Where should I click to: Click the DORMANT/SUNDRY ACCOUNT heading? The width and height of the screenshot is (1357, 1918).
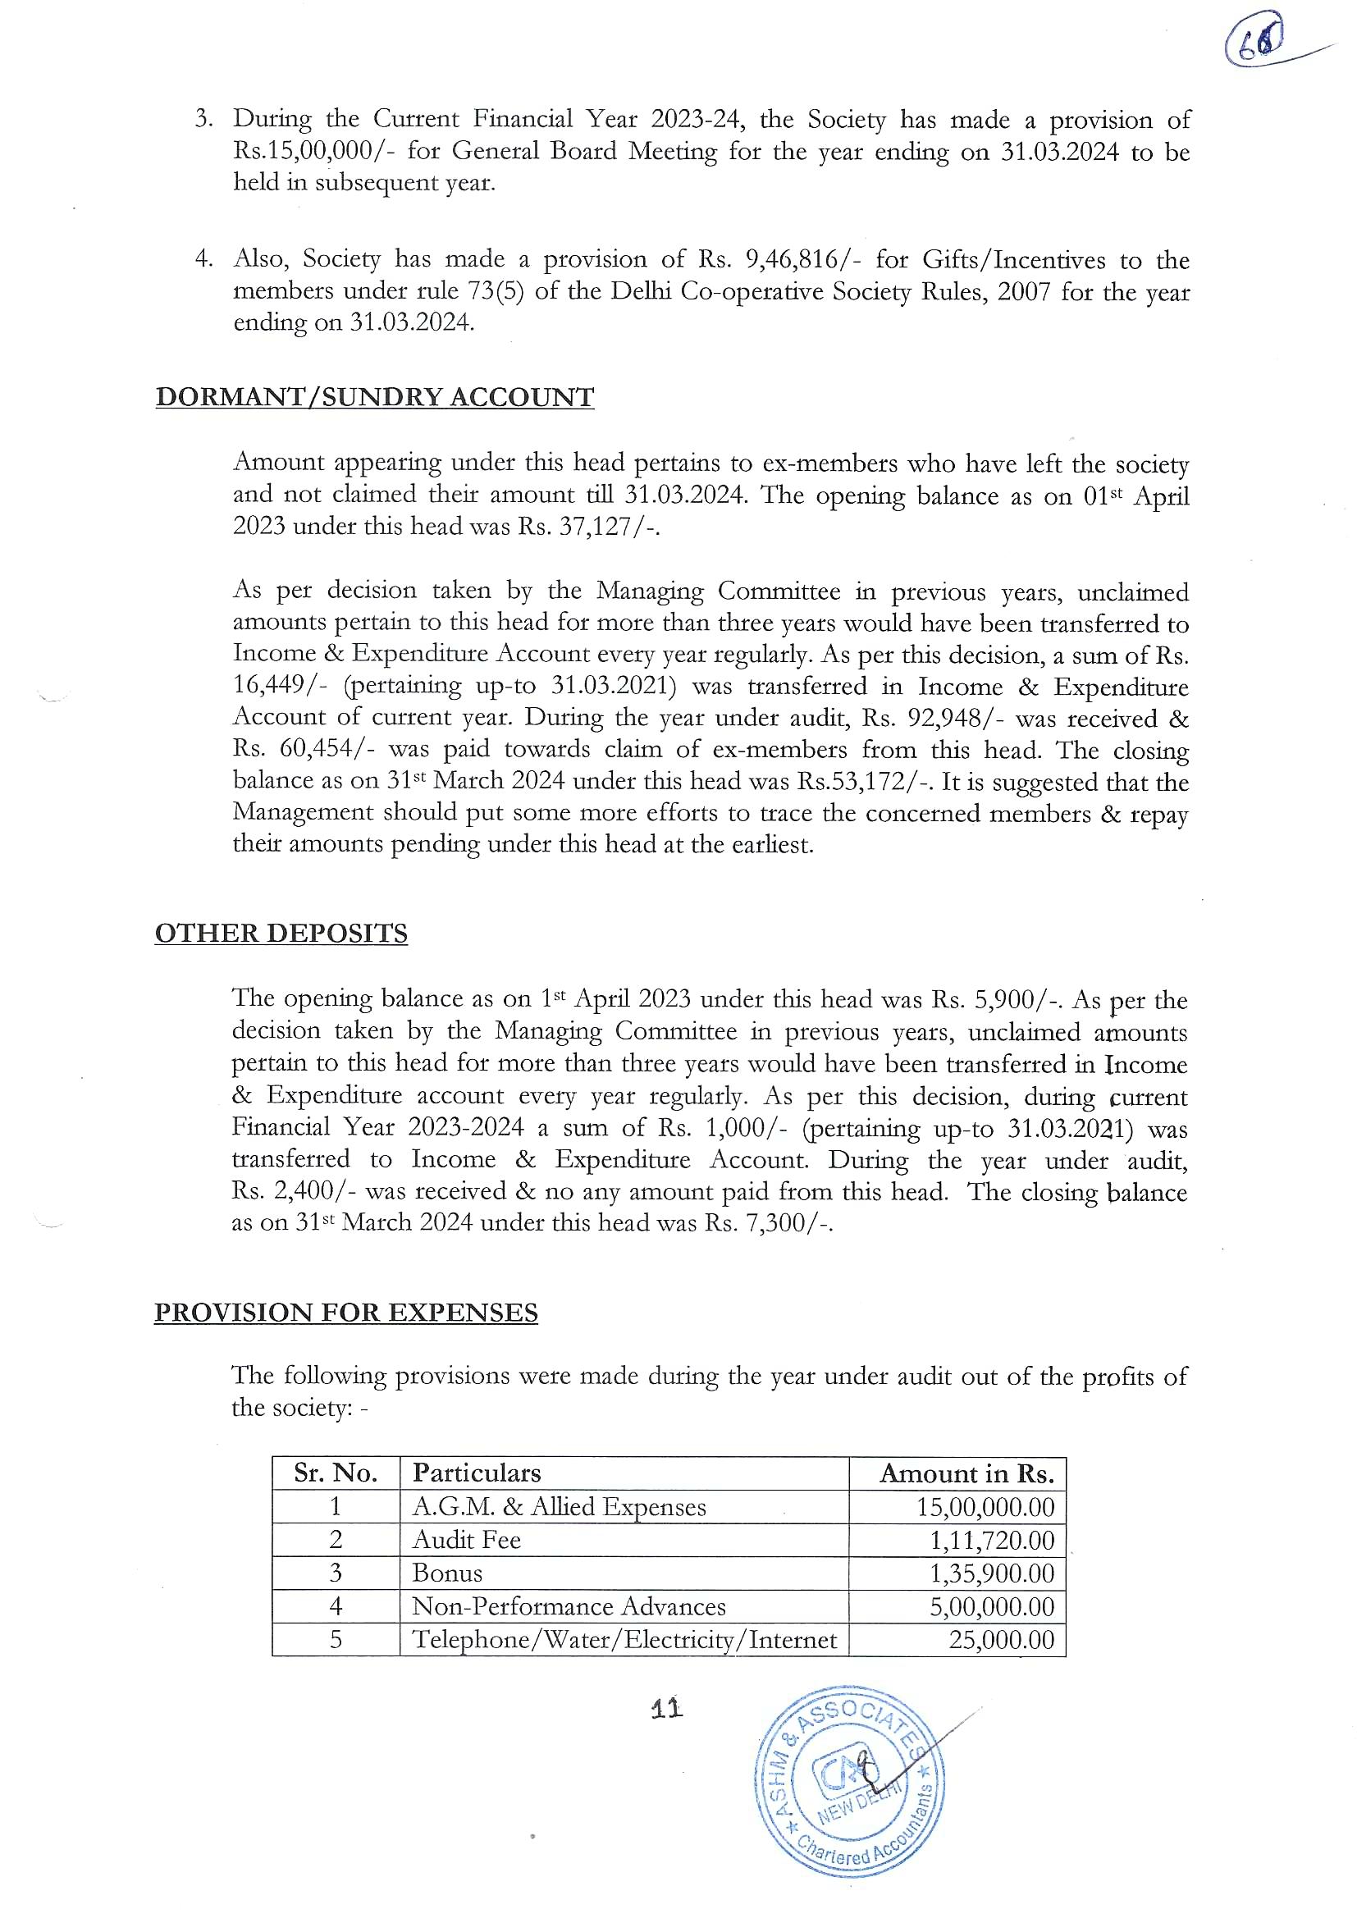[374, 397]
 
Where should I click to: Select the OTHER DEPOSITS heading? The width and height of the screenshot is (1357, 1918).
[281, 933]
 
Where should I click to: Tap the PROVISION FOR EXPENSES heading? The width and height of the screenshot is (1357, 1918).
[346, 1313]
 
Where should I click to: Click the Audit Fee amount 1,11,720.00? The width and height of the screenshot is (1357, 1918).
[992, 1540]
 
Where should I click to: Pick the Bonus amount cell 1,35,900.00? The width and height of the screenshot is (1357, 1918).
[992, 1573]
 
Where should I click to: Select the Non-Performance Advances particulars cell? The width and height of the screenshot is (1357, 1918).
[569, 1606]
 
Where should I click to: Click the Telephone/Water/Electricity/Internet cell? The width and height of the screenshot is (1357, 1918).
[624, 1640]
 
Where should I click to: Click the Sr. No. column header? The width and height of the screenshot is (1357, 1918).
[335, 1473]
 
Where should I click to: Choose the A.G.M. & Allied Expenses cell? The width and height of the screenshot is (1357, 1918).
[559, 1507]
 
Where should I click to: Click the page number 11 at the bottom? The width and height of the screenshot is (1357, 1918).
[667, 1709]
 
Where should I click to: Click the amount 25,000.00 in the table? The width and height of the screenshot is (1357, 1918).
[1001, 1640]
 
